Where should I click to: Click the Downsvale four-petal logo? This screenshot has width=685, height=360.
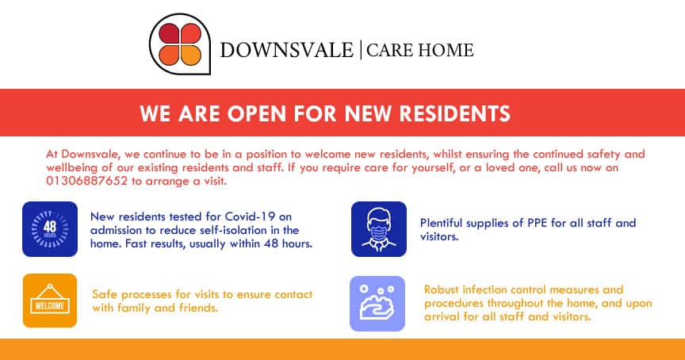[178, 44]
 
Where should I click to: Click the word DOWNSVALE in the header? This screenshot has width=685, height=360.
[287, 51]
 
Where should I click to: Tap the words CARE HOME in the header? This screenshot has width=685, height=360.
[420, 51]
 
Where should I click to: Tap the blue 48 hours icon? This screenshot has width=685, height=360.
[50, 229]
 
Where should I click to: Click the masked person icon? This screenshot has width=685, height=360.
[379, 229]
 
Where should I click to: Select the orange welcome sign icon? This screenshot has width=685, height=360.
[50, 301]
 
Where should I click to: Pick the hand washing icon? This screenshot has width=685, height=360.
[377, 303]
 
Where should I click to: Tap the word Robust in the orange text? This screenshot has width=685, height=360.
[442, 289]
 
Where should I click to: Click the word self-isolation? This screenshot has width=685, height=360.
[226, 230]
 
